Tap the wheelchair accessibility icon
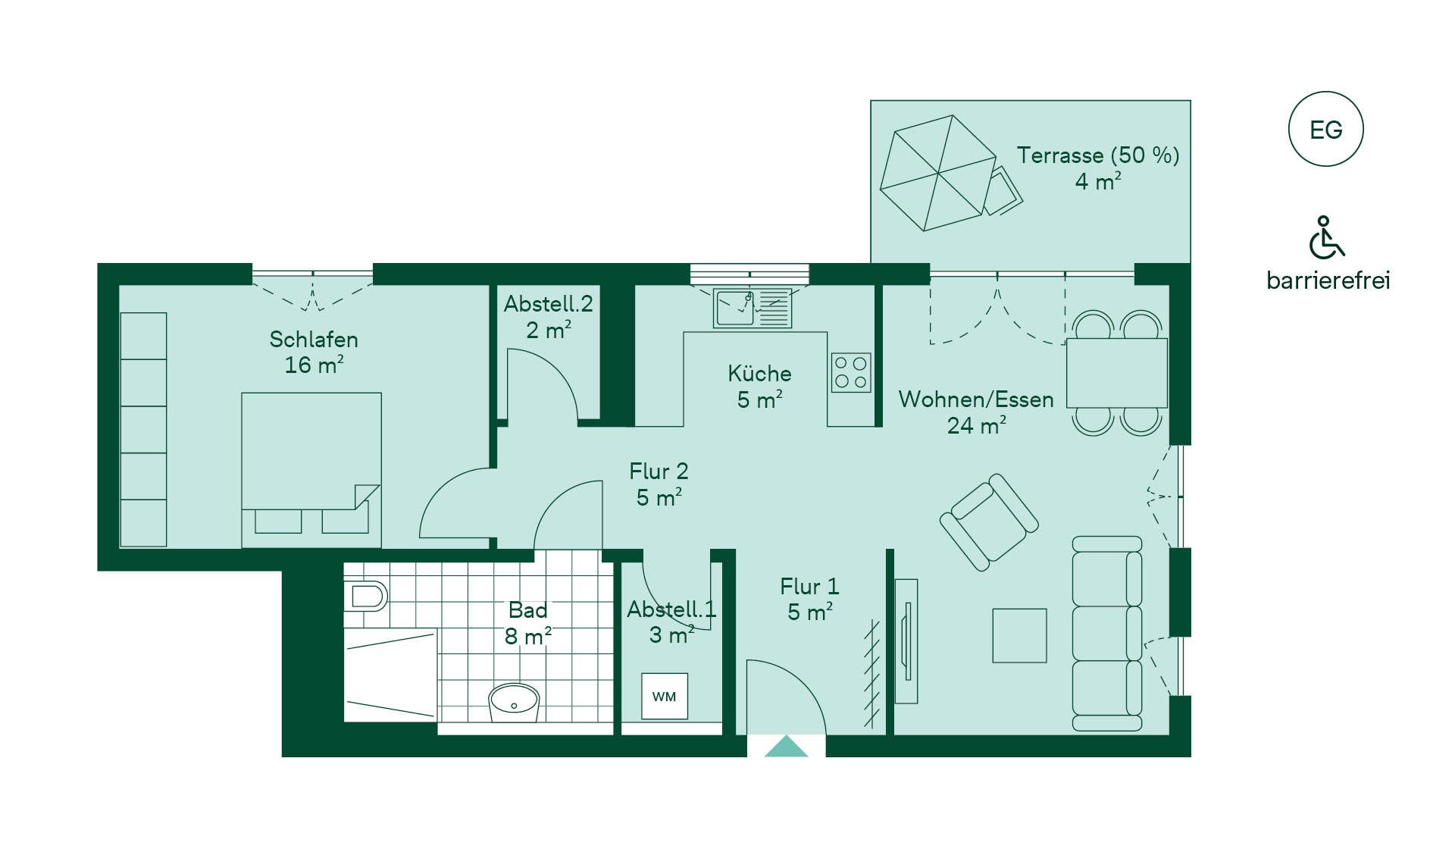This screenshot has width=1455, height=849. (1326, 237)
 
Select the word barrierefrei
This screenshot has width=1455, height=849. (1328, 280)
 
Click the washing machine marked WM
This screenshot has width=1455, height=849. (665, 696)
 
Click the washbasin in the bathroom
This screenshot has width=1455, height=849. (514, 703)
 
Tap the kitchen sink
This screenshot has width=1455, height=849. (752, 309)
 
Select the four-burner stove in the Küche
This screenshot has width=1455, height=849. (851, 372)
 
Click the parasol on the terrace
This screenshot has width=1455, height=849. (938, 173)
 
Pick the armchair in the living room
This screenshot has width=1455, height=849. (989, 522)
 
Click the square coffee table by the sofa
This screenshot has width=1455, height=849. (1019, 635)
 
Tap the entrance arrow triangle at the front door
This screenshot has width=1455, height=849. (786, 746)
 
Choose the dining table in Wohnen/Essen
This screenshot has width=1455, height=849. (1116, 373)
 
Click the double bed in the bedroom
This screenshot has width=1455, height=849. (311, 470)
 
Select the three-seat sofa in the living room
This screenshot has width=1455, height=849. (1107, 634)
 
